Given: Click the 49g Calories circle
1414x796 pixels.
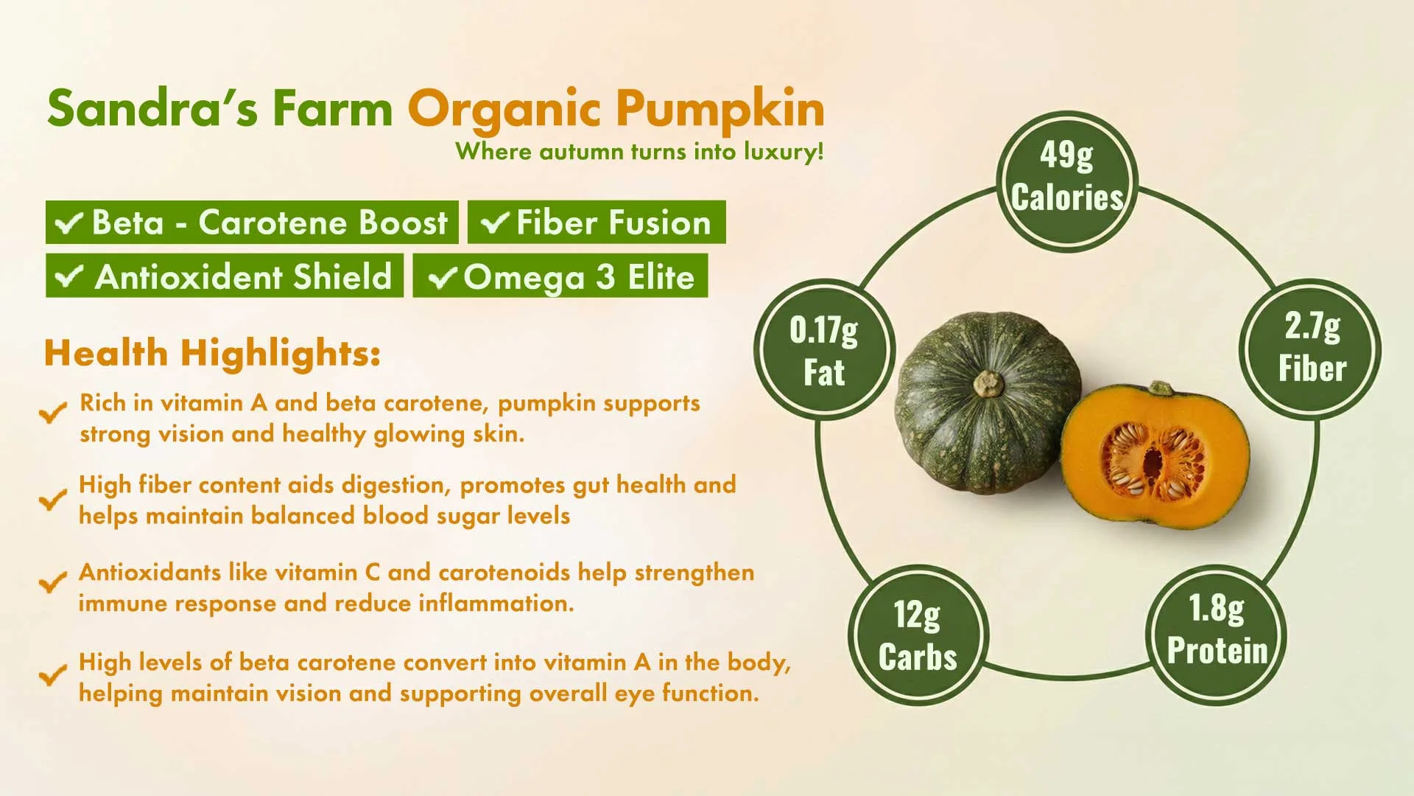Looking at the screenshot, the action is pos(1067,181).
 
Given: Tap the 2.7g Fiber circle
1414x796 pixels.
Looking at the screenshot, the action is pos(1312,349).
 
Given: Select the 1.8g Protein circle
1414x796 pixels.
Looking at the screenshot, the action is pos(1217,635).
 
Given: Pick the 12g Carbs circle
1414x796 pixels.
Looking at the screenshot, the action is pos(918,635).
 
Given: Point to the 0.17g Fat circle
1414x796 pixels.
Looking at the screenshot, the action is pos(824,350).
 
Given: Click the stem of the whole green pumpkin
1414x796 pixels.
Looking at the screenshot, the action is pos(988,383).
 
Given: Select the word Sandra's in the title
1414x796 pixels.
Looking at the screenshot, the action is pos(152,108).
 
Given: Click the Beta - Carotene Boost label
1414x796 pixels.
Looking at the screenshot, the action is pos(252,222).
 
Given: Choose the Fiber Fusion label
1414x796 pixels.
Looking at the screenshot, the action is pos(597,222).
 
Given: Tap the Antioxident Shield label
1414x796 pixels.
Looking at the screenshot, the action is pos(225,276).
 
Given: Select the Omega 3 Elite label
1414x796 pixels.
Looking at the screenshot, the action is pos(560,276).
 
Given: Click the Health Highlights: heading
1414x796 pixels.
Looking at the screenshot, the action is pos(212,352).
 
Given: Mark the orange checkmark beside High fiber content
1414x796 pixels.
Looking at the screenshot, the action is pos(52,500).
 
